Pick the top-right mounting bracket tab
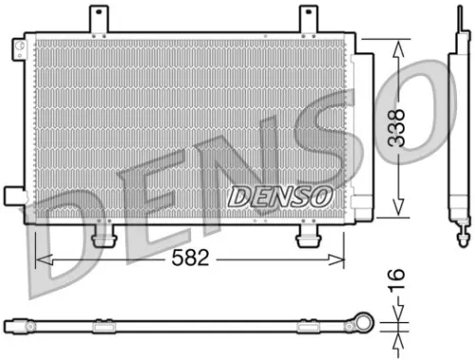(310, 19)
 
